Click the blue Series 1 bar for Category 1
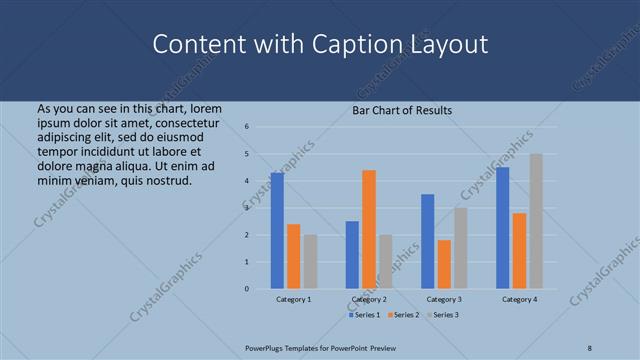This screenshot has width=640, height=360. point(277,231)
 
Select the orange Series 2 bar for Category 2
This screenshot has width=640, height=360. point(369,230)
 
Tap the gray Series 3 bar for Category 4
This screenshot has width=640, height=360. point(536,221)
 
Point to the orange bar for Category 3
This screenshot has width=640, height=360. point(444,264)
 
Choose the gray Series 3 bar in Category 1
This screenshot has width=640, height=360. point(310,262)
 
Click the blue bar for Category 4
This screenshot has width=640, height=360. point(503,228)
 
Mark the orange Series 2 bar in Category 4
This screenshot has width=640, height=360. point(519,251)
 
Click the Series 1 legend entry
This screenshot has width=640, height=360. point(364,315)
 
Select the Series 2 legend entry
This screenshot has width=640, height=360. point(402,315)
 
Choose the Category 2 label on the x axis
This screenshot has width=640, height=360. point(369,299)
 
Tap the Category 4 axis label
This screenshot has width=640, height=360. point(519,299)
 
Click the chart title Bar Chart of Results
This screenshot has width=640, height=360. point(402,110)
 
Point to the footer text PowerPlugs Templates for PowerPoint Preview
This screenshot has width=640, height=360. point(328,347)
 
